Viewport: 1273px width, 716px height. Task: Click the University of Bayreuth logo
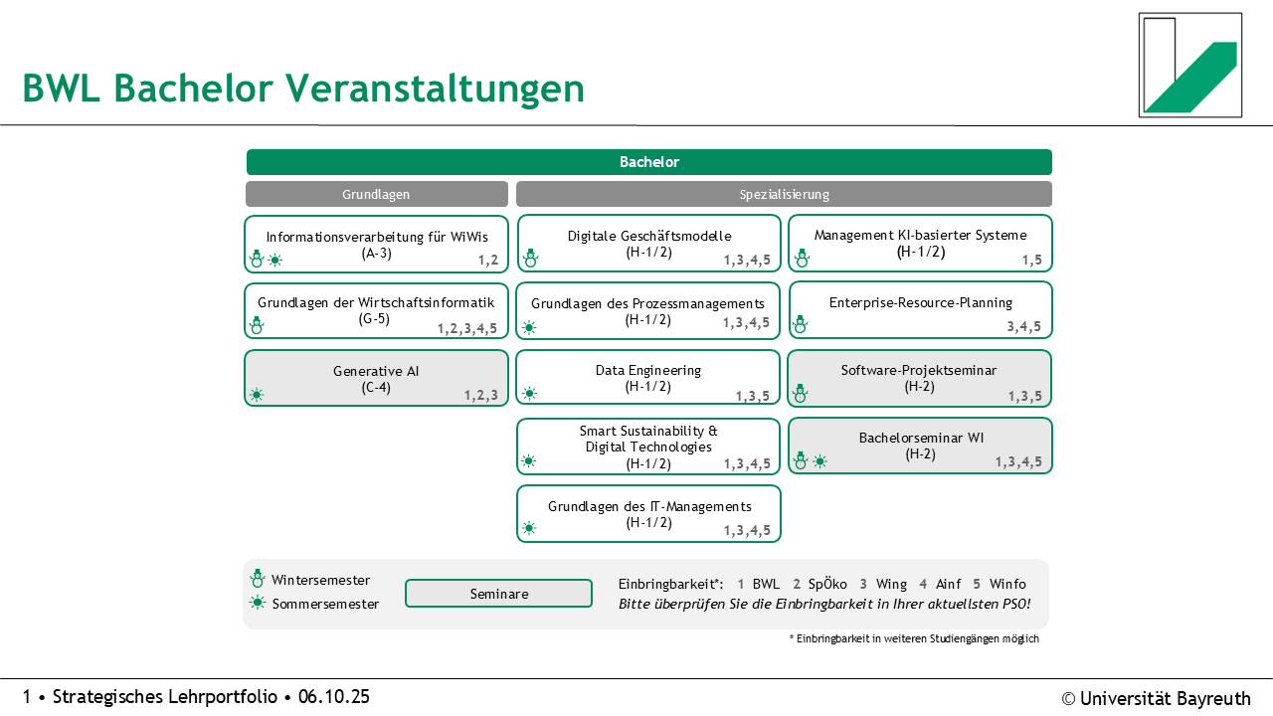(1189, 65)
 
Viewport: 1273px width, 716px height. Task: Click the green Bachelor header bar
(648, 162)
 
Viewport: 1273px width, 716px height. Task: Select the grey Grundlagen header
(376, 194)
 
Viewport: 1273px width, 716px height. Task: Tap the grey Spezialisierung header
(784, 194)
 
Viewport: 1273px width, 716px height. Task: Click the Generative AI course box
(376, 378)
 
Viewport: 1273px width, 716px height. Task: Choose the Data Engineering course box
(647, 378)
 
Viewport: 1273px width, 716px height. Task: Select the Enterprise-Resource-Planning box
(920, 309)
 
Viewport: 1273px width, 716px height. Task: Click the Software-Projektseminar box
(920, 378)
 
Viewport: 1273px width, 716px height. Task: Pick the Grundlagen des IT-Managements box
(648, 513)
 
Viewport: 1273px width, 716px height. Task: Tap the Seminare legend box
(498, 594)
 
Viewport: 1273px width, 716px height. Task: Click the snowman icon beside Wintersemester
(258, 579)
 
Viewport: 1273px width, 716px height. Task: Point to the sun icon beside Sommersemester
(258, 603)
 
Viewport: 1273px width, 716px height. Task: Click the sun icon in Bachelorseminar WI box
(819, 461)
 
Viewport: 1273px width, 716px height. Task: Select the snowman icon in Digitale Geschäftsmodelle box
(530, 259)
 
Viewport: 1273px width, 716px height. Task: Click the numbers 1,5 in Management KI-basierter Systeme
(1031, 261)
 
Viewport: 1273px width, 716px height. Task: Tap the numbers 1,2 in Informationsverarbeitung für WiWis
(487, 261)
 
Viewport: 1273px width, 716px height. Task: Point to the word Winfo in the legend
(1006, 584)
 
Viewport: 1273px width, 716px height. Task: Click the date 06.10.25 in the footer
(333, 697)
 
